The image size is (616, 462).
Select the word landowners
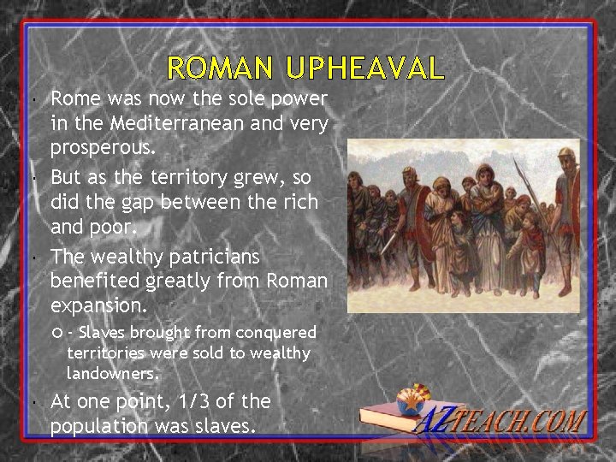tap(112, 373)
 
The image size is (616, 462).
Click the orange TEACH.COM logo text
tap(530, 422)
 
